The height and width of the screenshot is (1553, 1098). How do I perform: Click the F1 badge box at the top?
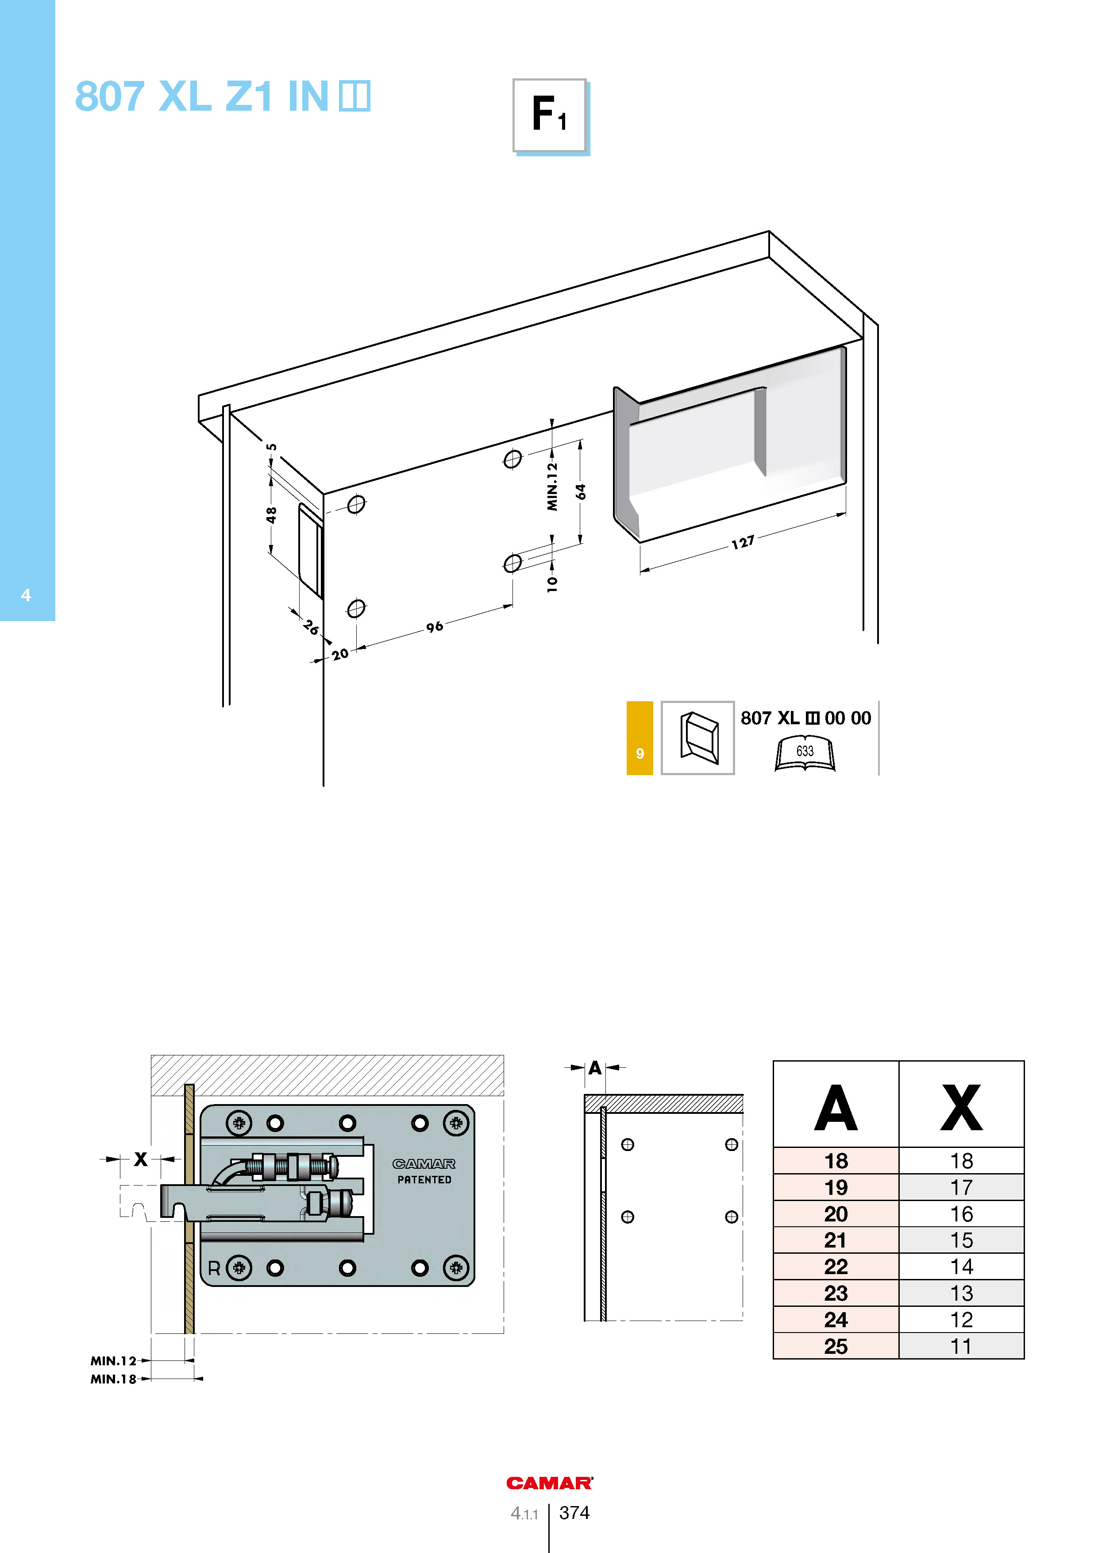[x=550, y=116]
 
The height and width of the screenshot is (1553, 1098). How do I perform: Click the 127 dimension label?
[x=742, y=542]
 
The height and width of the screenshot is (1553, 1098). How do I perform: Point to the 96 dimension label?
[x=435, y=627]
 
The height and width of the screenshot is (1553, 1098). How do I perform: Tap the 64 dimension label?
[x=581, y=492]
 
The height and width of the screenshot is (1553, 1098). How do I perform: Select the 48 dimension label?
[x=271, y=515]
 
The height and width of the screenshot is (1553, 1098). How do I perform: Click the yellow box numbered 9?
[x=640, y=738]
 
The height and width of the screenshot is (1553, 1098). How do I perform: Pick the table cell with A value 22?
[x=836, y=1266]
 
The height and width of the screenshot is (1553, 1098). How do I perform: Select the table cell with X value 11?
[x=961, y=1346]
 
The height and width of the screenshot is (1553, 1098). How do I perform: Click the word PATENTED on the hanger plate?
[x=424, y=1180]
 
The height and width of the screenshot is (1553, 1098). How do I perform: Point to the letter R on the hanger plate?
[x=214, y=1268]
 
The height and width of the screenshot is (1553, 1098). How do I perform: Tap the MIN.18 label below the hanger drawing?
[x=114, y=1379]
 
